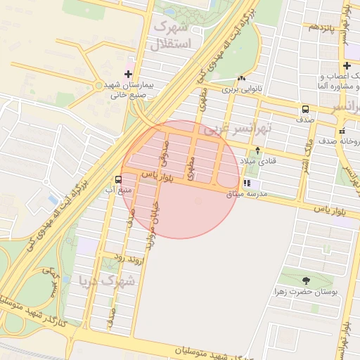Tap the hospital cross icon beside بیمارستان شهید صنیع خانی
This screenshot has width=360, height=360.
tap(128, 74)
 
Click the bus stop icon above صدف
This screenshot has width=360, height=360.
tap(306, 109)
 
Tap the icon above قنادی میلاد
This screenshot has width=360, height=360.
tap(258, 150)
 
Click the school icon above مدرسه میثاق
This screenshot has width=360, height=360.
tap(246, 183)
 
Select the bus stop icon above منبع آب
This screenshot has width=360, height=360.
tap(118, 179)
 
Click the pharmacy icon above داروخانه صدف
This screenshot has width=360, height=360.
tap(342, 131)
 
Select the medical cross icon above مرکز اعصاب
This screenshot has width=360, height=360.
tap(346, 65)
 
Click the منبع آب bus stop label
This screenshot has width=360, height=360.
tap(117, 190)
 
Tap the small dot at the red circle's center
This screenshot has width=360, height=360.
tap(198, 201)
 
